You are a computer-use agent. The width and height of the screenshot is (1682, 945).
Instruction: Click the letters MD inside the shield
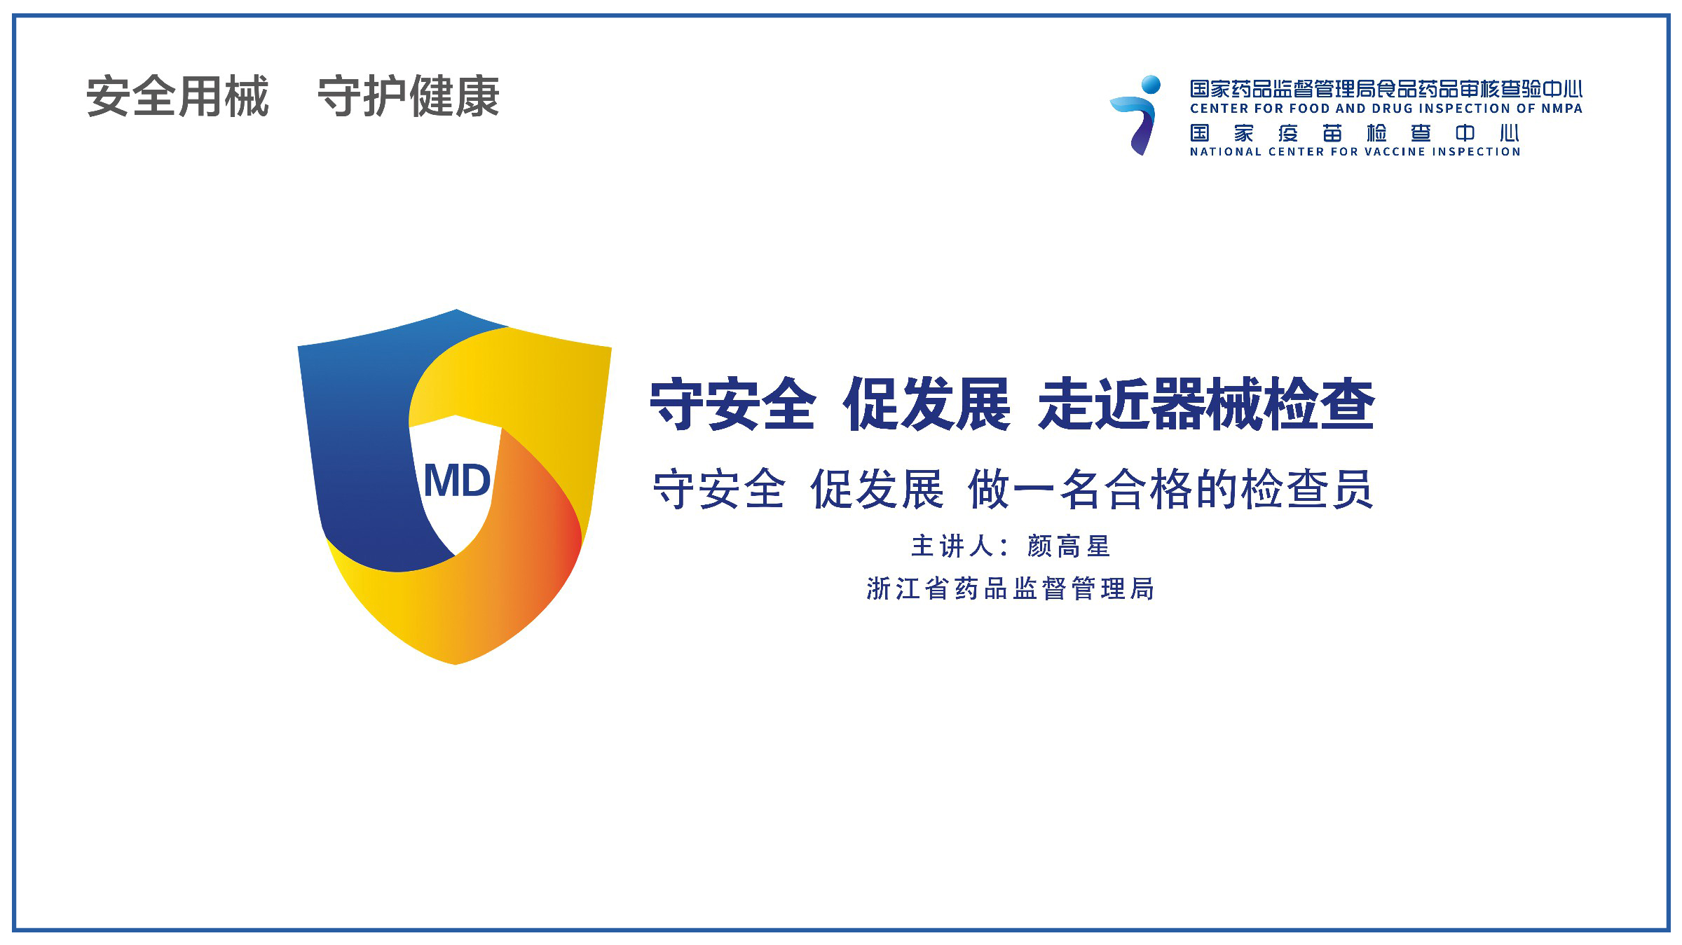point(457,481)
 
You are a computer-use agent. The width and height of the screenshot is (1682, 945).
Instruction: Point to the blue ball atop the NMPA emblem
point(1151,85)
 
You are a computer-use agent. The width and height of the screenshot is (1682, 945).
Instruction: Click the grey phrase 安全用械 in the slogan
point(177,97)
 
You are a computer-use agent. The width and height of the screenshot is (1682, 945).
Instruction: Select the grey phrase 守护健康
point(409,97)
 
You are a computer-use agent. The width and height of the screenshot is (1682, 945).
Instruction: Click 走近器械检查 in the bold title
point(1206,404)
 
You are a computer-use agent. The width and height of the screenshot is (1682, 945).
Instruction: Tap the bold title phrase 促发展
point(927,404)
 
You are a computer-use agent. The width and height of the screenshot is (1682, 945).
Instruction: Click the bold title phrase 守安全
point(733,404)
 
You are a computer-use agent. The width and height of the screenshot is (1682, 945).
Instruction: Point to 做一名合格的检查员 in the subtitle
point(1170,489)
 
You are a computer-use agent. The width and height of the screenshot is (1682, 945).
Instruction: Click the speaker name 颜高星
point(1069,546)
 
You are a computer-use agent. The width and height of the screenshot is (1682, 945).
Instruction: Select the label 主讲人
point(952,546)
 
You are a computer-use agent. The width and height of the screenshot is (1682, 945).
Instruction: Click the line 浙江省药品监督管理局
point(1010,589)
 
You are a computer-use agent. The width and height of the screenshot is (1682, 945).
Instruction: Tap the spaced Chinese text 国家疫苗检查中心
point(1354,133)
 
